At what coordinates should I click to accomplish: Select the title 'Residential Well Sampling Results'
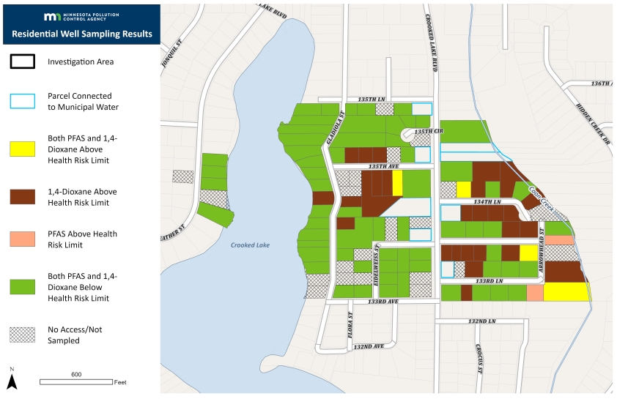[81, 34]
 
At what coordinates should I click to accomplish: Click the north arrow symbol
[12, 379]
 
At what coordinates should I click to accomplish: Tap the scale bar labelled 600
[75, 381]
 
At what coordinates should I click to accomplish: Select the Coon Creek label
[545, 198]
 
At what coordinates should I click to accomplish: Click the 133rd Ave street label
[383, 302]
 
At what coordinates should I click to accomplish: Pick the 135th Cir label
[429, 132]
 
